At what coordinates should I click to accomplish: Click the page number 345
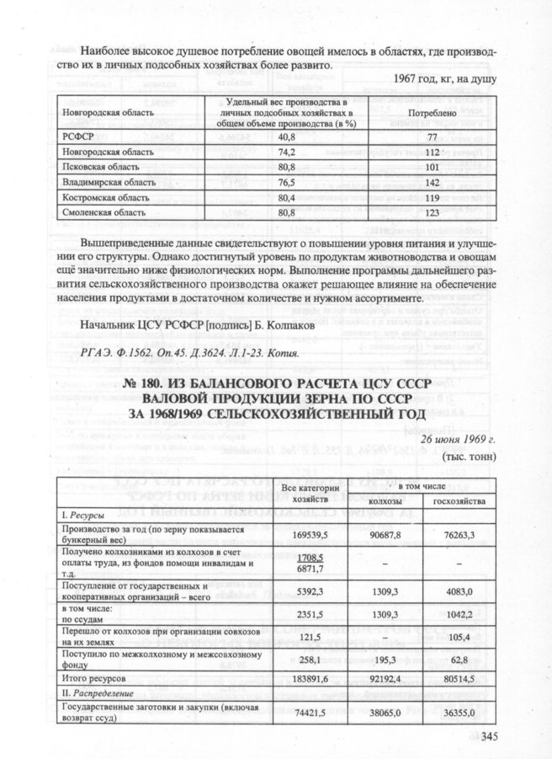tap(491, 738)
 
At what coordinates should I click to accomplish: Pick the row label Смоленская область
tap(98, 212)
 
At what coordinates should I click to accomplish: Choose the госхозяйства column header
tap(459, 501)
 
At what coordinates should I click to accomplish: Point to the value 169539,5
tap(303, 533)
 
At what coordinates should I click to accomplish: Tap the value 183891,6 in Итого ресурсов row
tap(303, 677)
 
